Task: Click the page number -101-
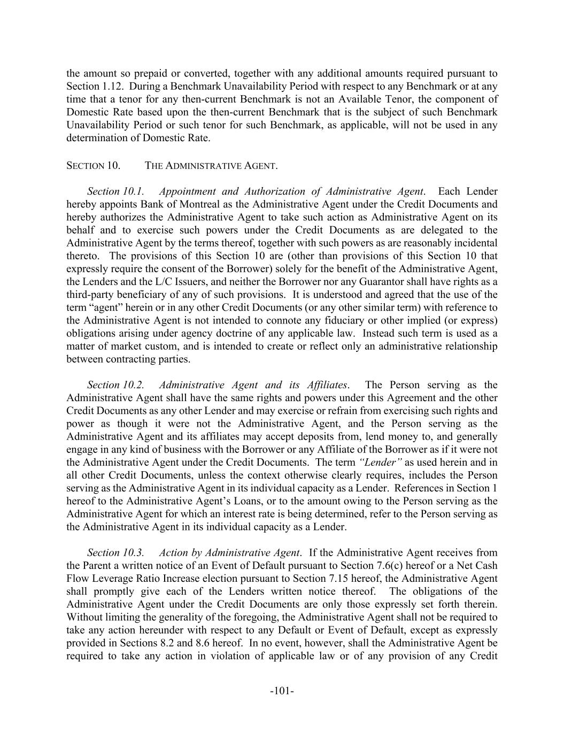pyautogui.click(x=282, y=691)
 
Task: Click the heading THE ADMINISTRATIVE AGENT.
pyautogui.click(x=211, y=166)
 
